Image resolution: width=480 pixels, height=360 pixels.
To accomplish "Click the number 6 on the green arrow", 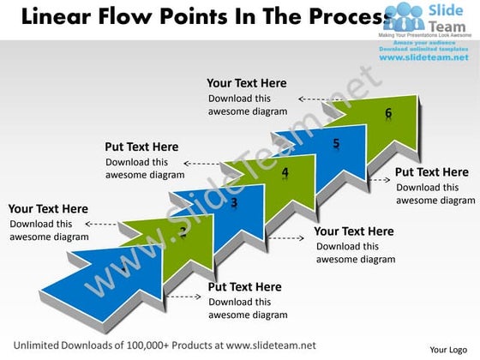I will coord(388,114).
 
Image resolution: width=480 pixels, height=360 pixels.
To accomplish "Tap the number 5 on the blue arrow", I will coord(336,143).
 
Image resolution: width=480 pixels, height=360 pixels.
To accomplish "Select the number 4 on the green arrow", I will coord(285,172).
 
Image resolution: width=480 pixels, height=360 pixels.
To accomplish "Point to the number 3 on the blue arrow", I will coord(234,202).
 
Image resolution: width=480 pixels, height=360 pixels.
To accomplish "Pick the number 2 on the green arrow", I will coord(183,232).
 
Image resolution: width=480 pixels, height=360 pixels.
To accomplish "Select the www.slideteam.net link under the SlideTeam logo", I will coord(425,59).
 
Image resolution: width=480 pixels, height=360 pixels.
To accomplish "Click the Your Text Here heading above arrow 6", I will coord(247,83).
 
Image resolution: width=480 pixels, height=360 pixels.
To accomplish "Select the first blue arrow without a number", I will coord(103,279).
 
